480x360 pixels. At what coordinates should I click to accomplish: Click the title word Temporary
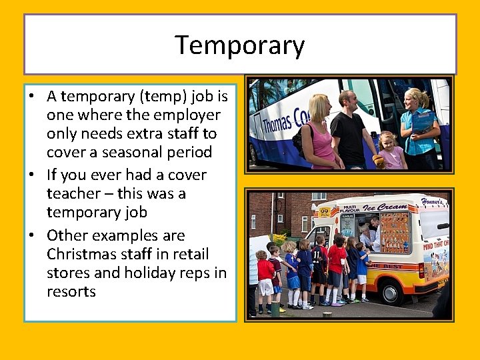[x=239, y=45]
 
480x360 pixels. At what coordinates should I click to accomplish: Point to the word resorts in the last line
[x=71, y=292]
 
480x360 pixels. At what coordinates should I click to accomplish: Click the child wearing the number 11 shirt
[x=321, y=260]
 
